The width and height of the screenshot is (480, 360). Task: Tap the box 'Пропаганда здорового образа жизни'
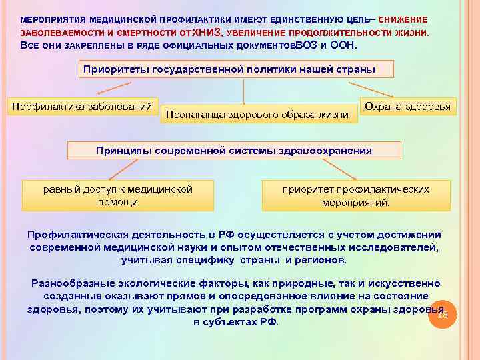(x=257, y=115)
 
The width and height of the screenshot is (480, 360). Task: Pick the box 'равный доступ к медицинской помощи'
(x=118, y=195)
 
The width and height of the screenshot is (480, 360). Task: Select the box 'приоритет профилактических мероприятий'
(x=356, y=195)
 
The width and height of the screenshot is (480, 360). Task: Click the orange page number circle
(x=442, y=315)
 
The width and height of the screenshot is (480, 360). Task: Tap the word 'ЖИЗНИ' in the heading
(x=412, y=32)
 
